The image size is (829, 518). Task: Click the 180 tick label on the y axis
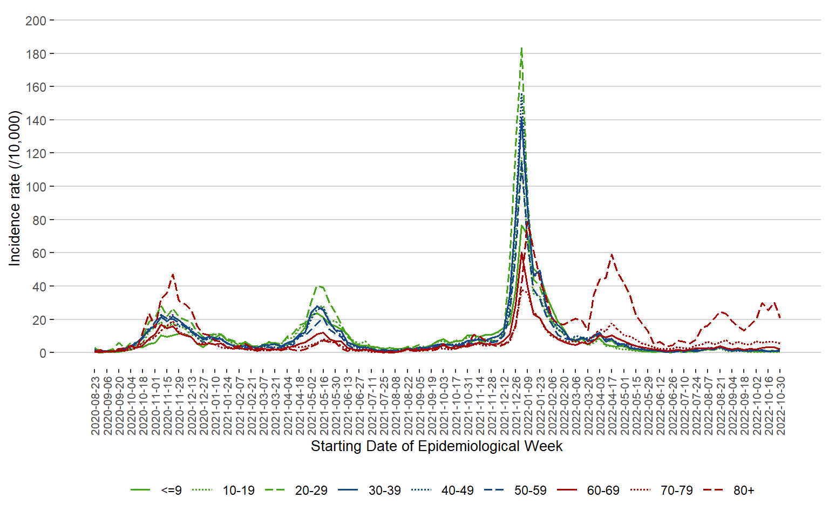[36, 54]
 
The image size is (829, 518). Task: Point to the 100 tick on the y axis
[36, 187]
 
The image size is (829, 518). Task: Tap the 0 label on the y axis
[43, 353]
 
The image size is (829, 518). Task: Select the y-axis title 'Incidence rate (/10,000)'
[15, 188]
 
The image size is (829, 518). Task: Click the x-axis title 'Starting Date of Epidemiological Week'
[437, 447]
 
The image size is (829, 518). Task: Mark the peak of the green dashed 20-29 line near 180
[521, 49]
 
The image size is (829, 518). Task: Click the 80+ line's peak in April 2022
[611, 254]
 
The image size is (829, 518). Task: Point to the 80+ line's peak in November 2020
[173, 274]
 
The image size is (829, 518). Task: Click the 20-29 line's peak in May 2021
[320, 286]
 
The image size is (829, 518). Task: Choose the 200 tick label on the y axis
[36, 21]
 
